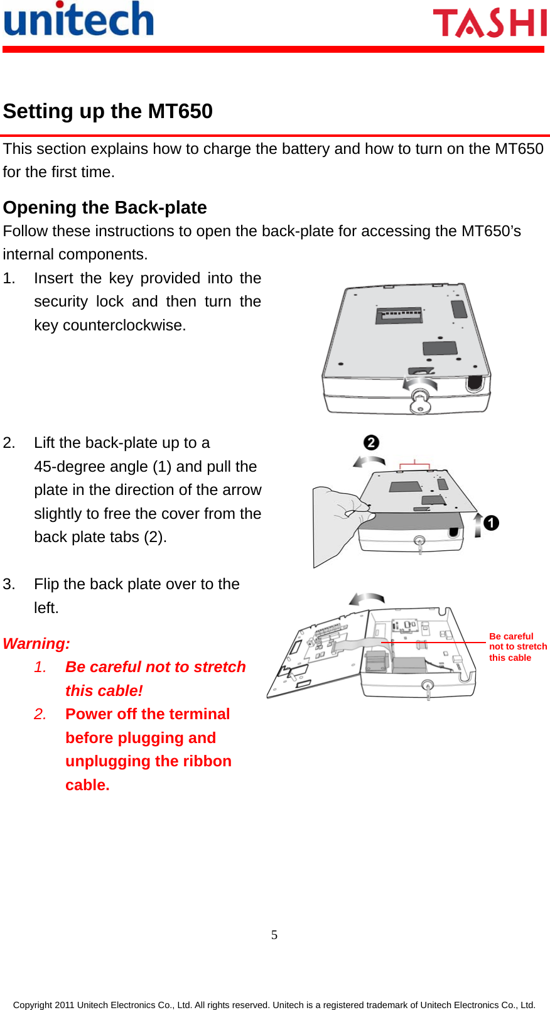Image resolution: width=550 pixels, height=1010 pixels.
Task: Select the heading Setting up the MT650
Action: click(x=108, y=111)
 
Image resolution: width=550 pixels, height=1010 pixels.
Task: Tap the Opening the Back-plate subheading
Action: click(x=105, y=207)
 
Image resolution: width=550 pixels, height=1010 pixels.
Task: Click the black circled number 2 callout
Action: click(x=372, y=443)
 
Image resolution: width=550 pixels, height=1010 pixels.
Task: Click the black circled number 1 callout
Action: click(x=491, y=523)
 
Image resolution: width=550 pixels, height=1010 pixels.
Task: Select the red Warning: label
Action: click(x=36, y=644)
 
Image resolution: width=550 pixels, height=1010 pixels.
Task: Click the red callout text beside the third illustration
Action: click(x=517, y=647)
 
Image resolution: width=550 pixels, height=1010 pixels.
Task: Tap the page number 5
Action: click(x=274, y=935)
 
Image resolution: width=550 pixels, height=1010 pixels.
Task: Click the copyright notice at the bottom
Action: click(x=274, y=1004)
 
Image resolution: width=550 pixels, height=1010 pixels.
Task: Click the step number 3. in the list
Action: click(x=9, y=584)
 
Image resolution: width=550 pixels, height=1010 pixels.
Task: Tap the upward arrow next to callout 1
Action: click(x=478, y=524)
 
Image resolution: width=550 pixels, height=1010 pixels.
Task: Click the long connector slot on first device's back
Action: click(x=399, y=315)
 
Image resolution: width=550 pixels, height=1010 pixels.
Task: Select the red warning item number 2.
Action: click(x=40, y=714)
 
